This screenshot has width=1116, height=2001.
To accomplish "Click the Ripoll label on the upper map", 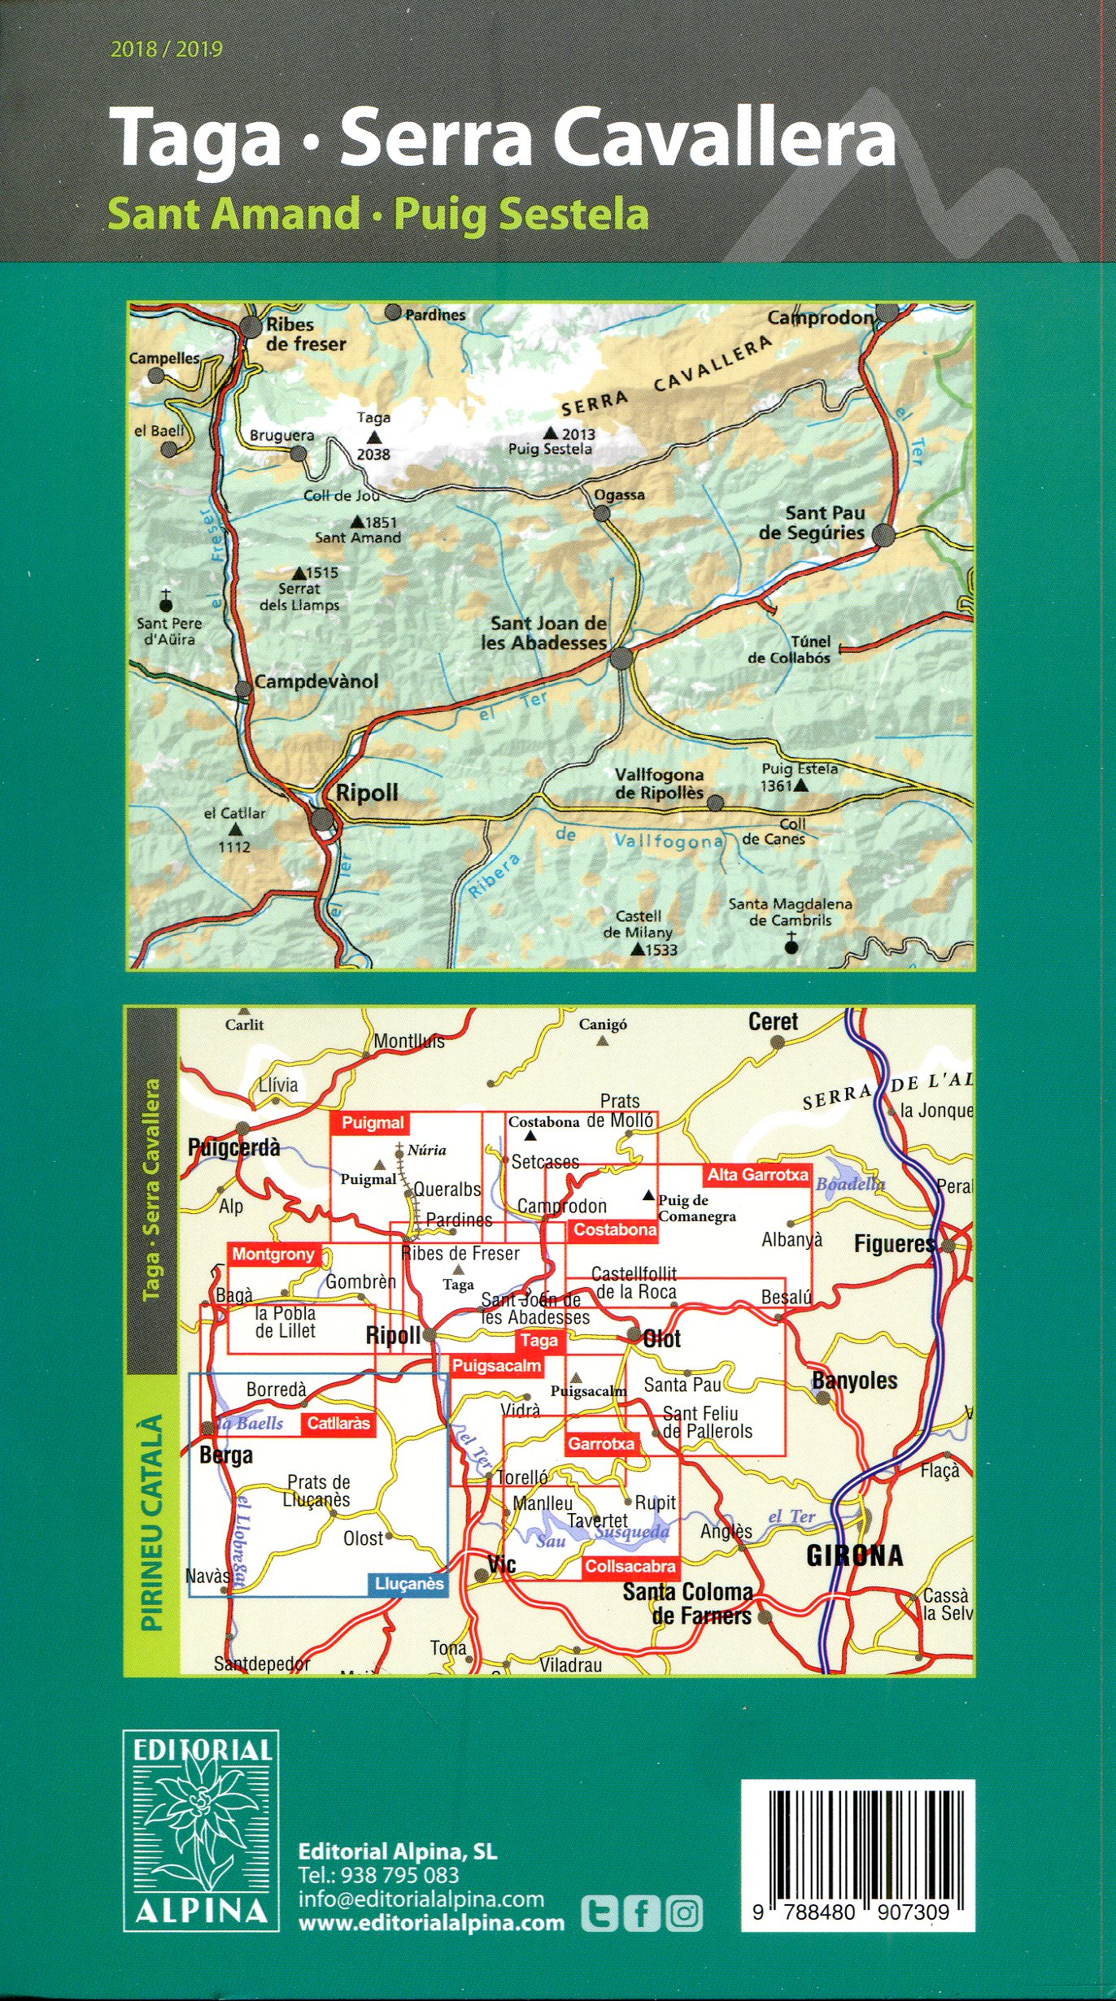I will pyautogui.click(x=367, y=794).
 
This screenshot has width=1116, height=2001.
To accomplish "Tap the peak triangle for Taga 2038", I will pyautogui.click(x=373, y=437).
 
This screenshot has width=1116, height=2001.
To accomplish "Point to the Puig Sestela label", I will pyautogui.click(x=550, y=449).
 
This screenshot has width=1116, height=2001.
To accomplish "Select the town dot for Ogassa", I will pyautogui.click(x=602, y=513).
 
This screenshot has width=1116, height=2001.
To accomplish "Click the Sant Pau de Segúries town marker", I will pyautogui.click(x=883, y=535).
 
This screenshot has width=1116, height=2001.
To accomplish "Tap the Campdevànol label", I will pyautogui.click(x=316, y=681).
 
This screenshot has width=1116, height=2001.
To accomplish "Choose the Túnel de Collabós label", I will pyautogui.click(x=789, y=650).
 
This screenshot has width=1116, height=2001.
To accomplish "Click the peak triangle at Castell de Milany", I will pyautogui.click(x=638, y=949).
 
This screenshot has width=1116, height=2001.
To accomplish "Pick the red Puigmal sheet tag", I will pyautogui.click(x=373, y=1123).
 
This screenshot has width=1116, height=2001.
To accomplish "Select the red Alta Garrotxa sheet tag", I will pyautogui.click(x=757, y=1174).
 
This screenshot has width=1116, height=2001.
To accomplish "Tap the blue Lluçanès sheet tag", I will pyautogui.click(x=409, y=1583).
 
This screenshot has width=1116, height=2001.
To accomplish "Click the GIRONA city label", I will pyautogui.click(x=854, y=1555).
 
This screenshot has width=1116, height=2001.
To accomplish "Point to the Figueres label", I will pyautogui.click(x=895, y=1244).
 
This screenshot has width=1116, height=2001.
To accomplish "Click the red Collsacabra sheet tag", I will pyautogui.click(x=630, y=1567).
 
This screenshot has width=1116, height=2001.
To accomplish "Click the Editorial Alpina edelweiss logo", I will pyautogui.click(x=202, y=1829).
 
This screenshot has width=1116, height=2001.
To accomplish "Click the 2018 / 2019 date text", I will pyautogui.click(x=167, y=50).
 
